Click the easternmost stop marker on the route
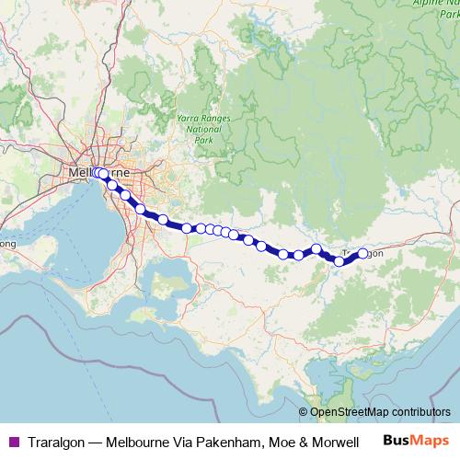coord(362,253)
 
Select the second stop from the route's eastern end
coord(339,261)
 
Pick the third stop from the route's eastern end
coord(316,248)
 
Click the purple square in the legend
coord(13,442)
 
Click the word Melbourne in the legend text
coord(141,442)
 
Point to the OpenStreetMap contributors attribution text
coord(380,412)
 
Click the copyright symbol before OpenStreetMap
coord(304,412)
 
